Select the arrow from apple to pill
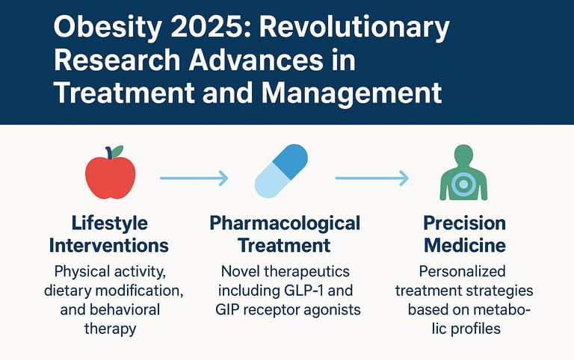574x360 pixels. (x=194, y=178)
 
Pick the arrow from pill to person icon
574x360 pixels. (x=371, y=178)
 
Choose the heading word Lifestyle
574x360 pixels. (x=109, y=223)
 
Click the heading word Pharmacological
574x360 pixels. (x=285, y=223)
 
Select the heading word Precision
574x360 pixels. (x=464, y=223)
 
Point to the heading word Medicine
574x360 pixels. (x=463, y=245)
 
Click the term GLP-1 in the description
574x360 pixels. (x=306, y=290)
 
